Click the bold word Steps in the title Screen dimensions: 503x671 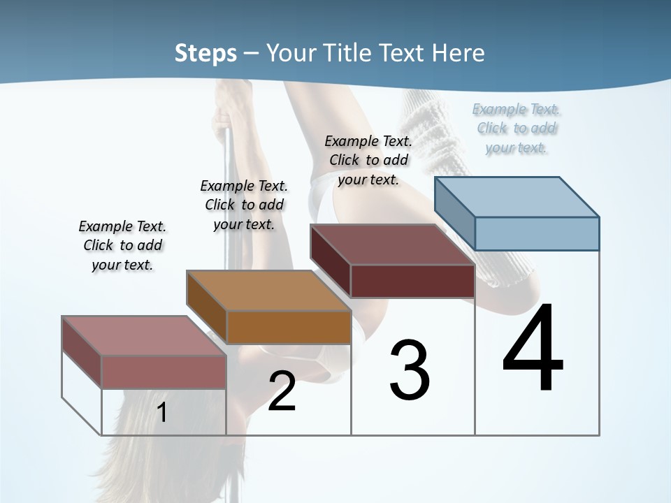pos(205,53)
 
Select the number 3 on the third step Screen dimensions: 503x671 pos(410,370)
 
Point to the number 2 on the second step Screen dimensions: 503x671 pos(282,392)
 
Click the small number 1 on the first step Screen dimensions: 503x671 pos(161,413)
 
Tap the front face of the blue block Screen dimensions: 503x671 pos(537,233)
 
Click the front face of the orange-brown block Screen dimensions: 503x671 pos(289,327)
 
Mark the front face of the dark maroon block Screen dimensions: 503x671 pos(412,281)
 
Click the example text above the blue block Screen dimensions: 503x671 pos(517,128)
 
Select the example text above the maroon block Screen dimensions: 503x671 pos(368,160)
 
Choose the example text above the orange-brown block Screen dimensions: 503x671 pos(244,205)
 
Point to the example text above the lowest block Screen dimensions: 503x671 pos(122,245)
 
